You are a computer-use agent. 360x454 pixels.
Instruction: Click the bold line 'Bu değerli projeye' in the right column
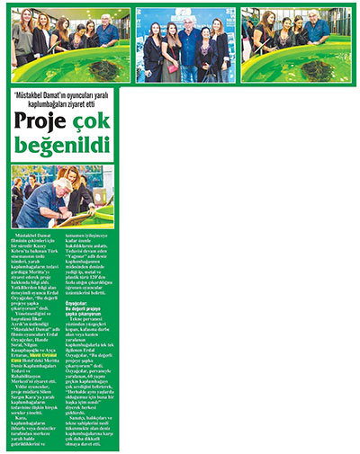[x=147, y=309]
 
